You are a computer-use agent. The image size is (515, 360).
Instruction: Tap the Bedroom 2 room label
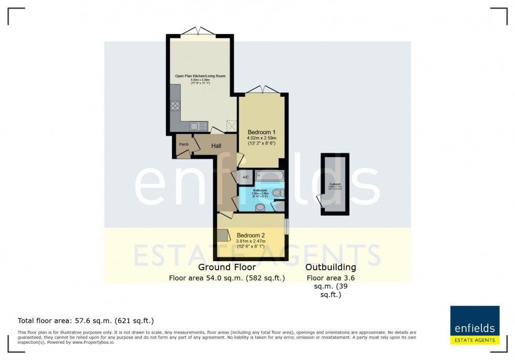(x=251, y=235)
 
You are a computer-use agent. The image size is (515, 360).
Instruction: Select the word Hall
(x=216, y=146)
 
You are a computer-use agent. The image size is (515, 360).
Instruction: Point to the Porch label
(x=183, y=145)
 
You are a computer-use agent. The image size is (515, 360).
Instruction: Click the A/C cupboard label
(x=246, y=178)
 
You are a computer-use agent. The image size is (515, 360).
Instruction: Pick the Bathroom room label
(x=260, y=190)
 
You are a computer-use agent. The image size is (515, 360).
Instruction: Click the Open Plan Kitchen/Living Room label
(x=200, y=76)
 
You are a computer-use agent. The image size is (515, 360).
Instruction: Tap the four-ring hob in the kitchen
(x=175, y=106)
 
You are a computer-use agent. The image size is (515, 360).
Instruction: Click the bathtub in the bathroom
(x=270, y=176)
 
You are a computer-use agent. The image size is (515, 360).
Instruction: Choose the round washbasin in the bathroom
(x=260, y=208)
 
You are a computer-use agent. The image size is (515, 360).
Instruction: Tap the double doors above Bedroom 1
(x=262, y=90)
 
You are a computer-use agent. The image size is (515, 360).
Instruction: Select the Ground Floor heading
(x=226, y=268)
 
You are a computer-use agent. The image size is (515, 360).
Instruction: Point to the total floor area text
(x=86, y=320)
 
